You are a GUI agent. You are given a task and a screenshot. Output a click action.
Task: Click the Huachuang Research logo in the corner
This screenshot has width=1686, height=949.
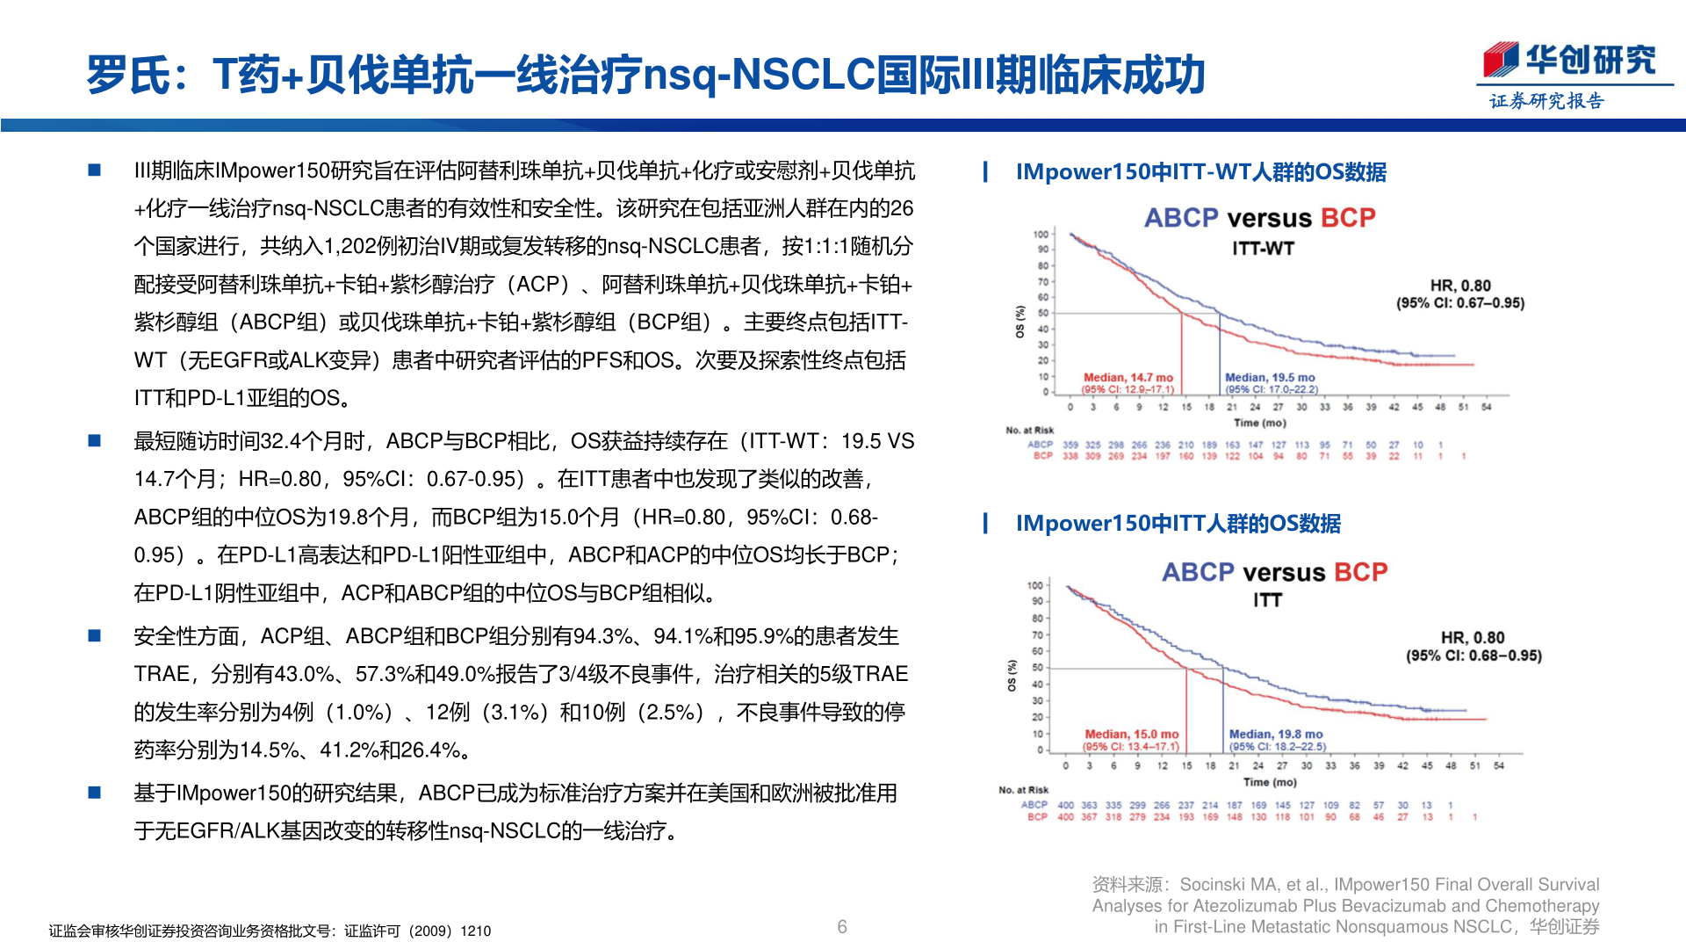point(1569,61)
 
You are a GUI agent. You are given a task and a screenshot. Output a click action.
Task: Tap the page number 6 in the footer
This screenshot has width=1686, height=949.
point(842,927)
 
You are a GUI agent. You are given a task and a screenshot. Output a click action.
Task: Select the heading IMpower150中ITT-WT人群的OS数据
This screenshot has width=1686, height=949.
point(1200,172)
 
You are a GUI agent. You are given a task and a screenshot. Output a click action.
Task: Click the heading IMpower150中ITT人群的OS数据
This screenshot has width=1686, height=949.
point(1178,524)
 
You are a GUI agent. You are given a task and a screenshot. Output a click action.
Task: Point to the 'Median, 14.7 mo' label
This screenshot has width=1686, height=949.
point(1128,377)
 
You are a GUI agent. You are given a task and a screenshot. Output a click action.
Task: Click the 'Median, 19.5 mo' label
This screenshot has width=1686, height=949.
point(1270,377)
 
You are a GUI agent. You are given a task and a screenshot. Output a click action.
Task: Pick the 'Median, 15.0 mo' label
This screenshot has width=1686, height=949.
point(1131,734)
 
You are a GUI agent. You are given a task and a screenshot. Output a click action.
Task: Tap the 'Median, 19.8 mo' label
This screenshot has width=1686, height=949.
point(1275,734)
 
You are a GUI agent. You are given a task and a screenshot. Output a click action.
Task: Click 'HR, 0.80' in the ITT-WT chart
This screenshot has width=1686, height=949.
point(1460,286)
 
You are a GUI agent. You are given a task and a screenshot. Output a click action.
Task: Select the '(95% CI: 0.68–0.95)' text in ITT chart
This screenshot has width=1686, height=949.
point(1473,656)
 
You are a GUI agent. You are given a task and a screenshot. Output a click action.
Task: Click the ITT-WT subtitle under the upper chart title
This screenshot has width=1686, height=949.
point(1263,249)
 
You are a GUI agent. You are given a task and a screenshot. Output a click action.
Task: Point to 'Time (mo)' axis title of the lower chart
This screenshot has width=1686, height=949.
point(1270,782)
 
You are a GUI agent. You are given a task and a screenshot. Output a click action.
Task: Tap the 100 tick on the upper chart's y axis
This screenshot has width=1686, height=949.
point(1041,234)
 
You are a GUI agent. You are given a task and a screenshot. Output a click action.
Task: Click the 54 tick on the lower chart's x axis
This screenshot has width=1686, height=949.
point(1499,765)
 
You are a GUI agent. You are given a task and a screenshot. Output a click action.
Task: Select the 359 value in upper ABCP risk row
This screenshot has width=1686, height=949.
point(1070,445)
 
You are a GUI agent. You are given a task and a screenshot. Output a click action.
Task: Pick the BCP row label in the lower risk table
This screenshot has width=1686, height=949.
point(1037,817)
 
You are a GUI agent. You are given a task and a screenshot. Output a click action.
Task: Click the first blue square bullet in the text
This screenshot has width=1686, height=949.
point(95,170)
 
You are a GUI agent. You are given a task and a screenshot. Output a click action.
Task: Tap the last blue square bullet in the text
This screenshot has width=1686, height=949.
point(95,793)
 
